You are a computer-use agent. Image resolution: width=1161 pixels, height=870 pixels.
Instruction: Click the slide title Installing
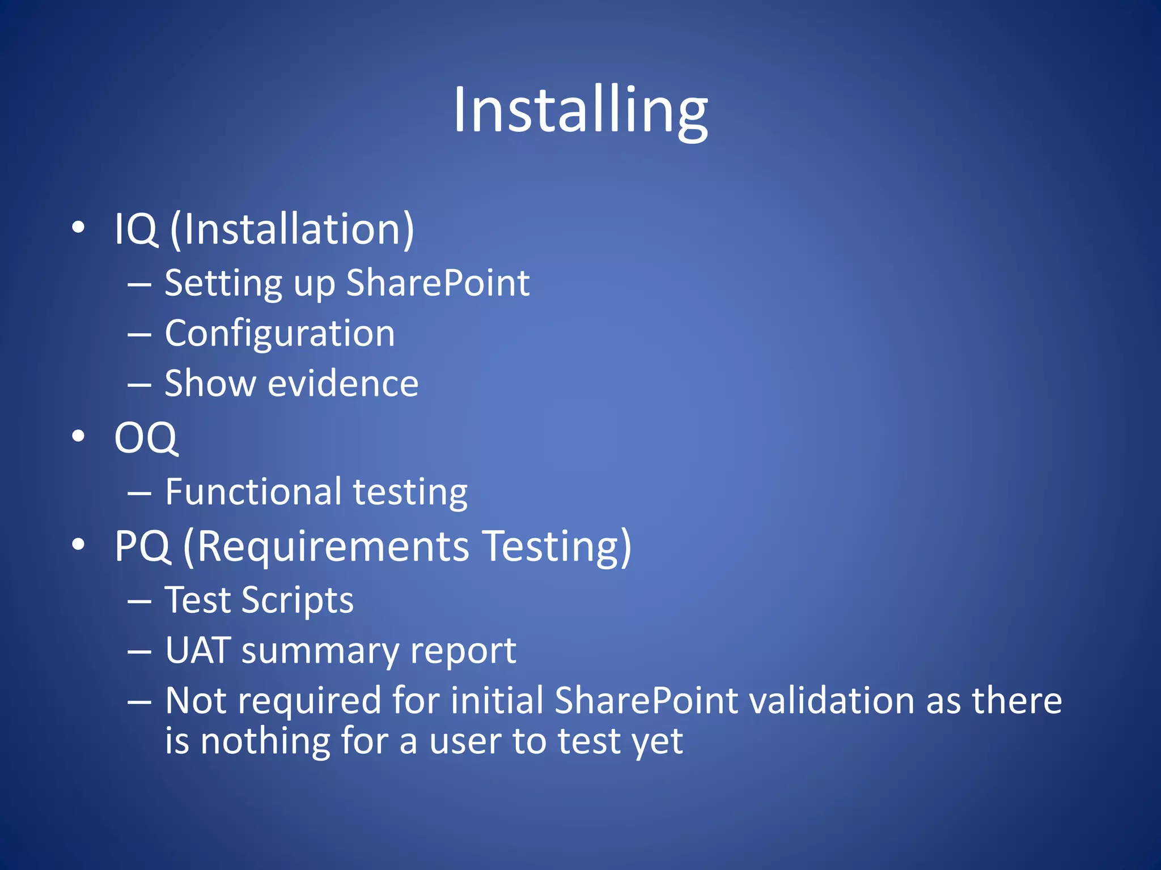pyautogui.click(x=580, y=110)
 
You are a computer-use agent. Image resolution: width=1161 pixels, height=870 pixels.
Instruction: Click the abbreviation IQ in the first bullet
pyautogui.click(x=135, y=229)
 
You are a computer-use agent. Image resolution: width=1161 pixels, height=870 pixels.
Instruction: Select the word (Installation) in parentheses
pyautogui.click(x=292, y=229)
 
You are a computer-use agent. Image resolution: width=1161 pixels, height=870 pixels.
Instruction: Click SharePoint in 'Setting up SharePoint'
pyautogui.click(x=438, y=283)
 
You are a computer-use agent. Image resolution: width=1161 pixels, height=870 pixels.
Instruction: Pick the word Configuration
pyautogui.click(x=279, y=334)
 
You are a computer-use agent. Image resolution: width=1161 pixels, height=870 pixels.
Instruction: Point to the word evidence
pyautogui.click(x=343, y=384)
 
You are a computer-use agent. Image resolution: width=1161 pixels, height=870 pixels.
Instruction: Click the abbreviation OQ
pyautogui.click(x=146, y=438)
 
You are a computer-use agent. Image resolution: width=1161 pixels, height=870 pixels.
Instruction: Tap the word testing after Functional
pyautogui.click(x=410, y=492)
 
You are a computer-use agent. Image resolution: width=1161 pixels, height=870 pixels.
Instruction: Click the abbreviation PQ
pyautogui.click(x=142, y=547)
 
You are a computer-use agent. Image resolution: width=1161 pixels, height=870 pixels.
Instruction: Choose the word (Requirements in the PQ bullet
pyautogui.click(x=326, y=547)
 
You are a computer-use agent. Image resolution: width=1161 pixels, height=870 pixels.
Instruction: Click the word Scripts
pyautogui.click(x=298, y=600)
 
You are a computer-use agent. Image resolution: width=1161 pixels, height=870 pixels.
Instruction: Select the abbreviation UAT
pyautogui.click(x=198, y=651)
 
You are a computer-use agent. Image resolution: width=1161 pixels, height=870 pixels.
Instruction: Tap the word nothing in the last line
pyautogui.click(x=265, y=741)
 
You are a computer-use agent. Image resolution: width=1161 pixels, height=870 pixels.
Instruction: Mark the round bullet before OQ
pyautogui.click(x=78, y=436)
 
